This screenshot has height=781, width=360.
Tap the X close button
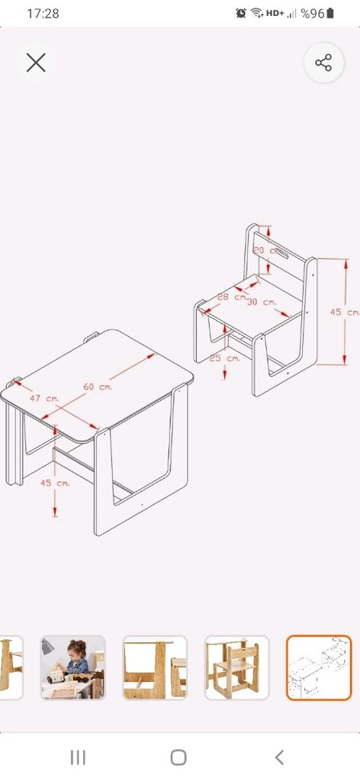[x=36, y=63]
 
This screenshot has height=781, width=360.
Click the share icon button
[x=323, y=63]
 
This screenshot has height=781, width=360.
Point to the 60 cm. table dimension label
[x=98, y=387]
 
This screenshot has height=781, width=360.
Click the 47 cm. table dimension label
[x=44, y=398]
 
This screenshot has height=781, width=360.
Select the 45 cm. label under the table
[x=55, y=483]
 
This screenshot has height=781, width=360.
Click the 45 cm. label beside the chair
[x=345, y=312]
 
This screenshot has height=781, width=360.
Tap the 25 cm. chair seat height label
[x=224, y=358]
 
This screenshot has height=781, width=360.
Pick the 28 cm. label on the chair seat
[x=232, y=297]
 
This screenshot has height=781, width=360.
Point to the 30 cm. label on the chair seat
[x=262, y=302]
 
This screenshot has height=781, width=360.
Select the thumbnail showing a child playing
[x=73, y=667]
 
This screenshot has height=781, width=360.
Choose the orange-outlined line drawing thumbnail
[x=319, y=667]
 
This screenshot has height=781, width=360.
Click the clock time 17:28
[x=43, y=14]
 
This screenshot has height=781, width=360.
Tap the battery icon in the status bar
[x=329, y=14]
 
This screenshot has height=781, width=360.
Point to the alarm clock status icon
[x=241, y=14]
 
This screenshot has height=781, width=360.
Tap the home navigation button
[x=178, y=757]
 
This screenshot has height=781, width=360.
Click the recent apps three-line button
[x=78, y=757]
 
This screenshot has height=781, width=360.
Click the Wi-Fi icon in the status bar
[x=257, y=14]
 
